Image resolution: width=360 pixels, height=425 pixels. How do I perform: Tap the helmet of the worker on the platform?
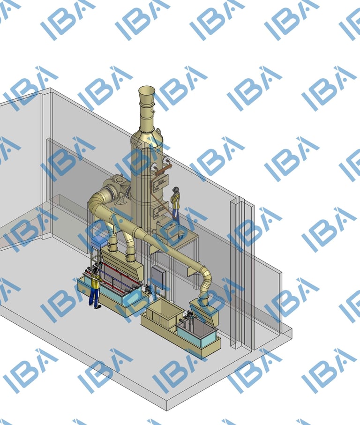176,189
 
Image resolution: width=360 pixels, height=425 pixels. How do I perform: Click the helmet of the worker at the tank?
95,269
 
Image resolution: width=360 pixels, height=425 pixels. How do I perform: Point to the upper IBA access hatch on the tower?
161,183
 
